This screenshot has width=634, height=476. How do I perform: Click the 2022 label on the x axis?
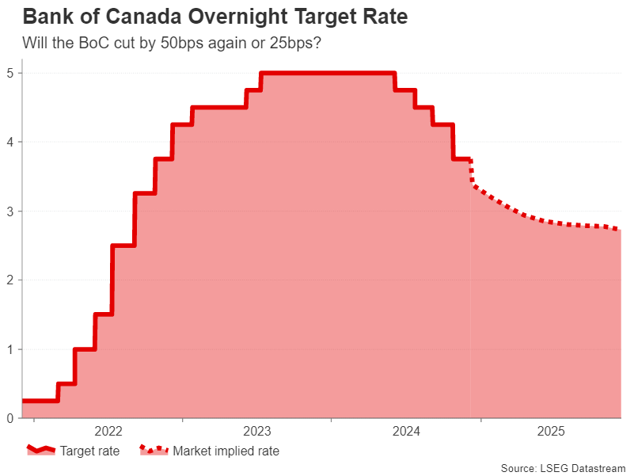pyautogui.click(x=108, y=432)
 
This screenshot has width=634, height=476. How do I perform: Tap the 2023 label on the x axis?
pyautogui.click(x=257, y=432)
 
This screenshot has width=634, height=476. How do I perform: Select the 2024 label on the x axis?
pyautogui.click(x=406, y=432)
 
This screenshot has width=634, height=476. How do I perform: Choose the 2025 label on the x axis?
pyautogui.click(x=551, y=432)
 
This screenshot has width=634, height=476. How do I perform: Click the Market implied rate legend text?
pyautogui.click(x=226, y=451)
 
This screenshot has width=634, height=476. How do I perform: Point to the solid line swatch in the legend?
pyautogui.click(x=41, y=451)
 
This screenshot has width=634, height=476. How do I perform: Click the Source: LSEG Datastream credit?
pyautogui.click(x=563, y=468)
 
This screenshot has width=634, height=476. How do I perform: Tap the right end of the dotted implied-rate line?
pyautogui.click(x=619, y=230)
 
